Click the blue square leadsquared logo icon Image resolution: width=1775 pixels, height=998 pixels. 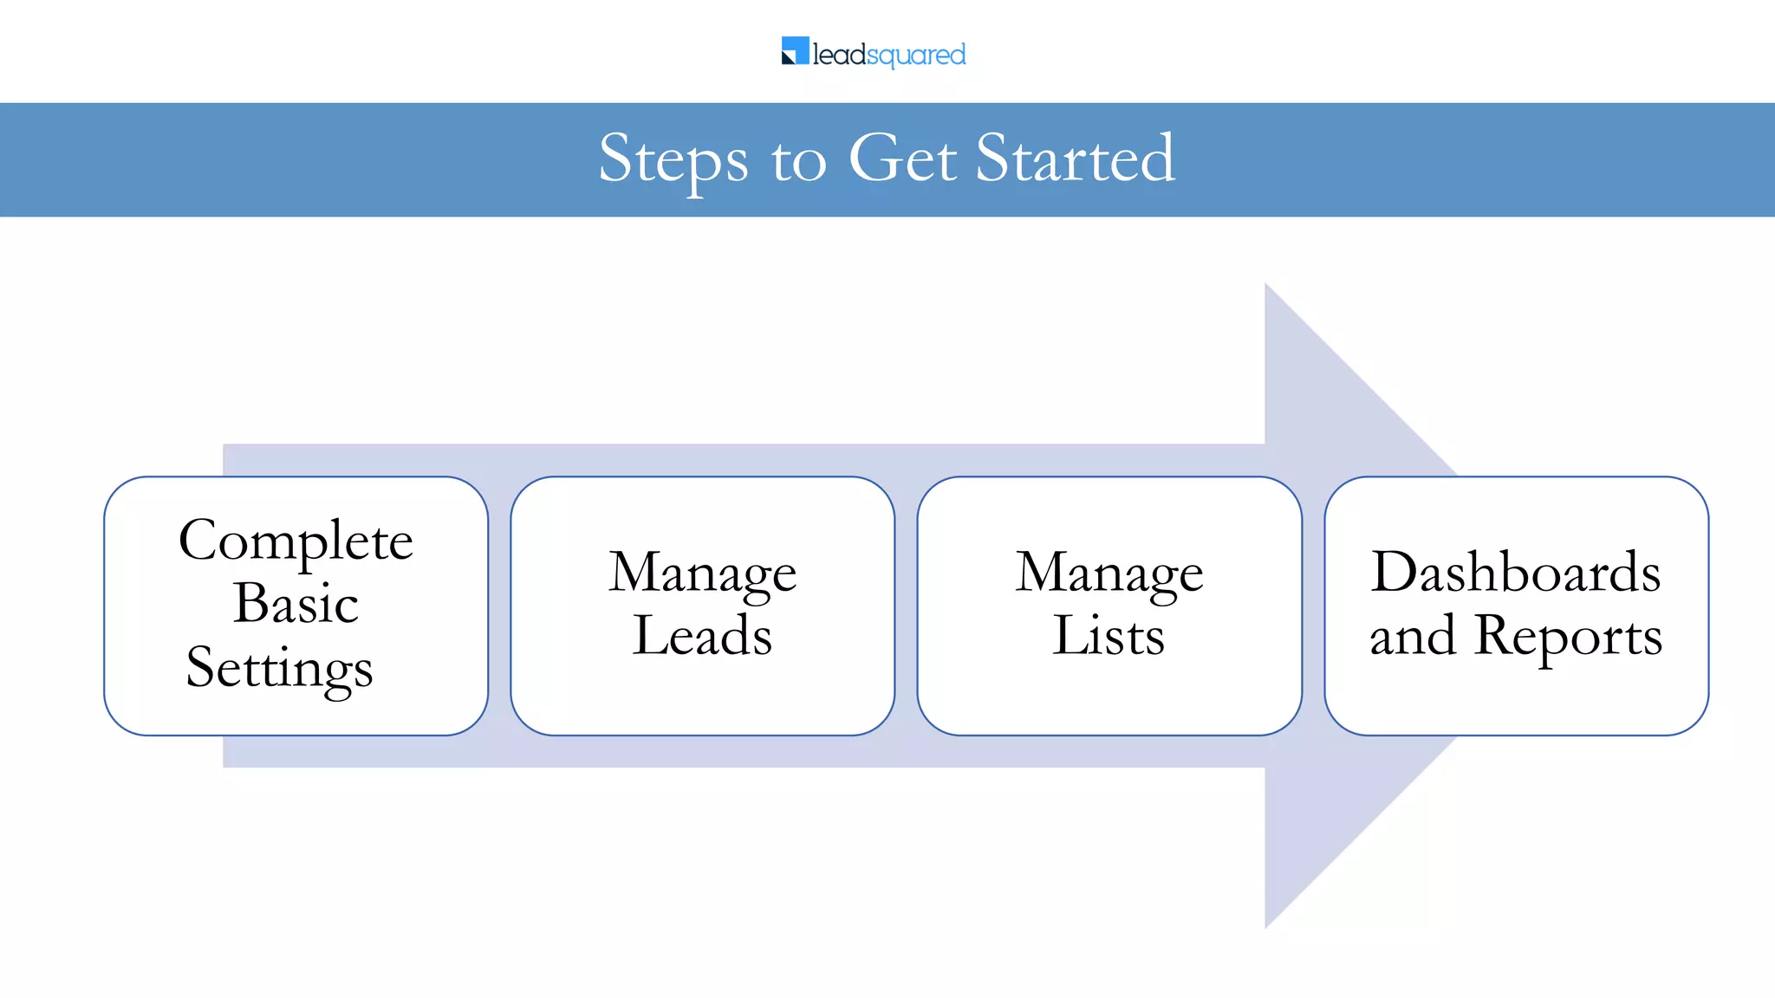coord(795,50)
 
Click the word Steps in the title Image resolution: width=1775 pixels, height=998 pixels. coord(673,159)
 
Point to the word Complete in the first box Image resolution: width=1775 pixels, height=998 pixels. coord(296,542)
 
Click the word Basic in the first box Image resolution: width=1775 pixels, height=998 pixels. coord(296,603)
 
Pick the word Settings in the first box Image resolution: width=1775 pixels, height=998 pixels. coord(279,669)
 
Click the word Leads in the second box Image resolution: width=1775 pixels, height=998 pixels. coord(702,636)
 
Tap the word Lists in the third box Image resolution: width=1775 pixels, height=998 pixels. coord(1109,636)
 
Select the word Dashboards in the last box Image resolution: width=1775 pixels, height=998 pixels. coord(1515,572)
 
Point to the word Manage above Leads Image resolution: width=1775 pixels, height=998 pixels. coord(702,574)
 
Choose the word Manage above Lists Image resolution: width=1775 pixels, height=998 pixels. coord(1109,574)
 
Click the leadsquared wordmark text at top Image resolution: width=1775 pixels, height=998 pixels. coord(888,55)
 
